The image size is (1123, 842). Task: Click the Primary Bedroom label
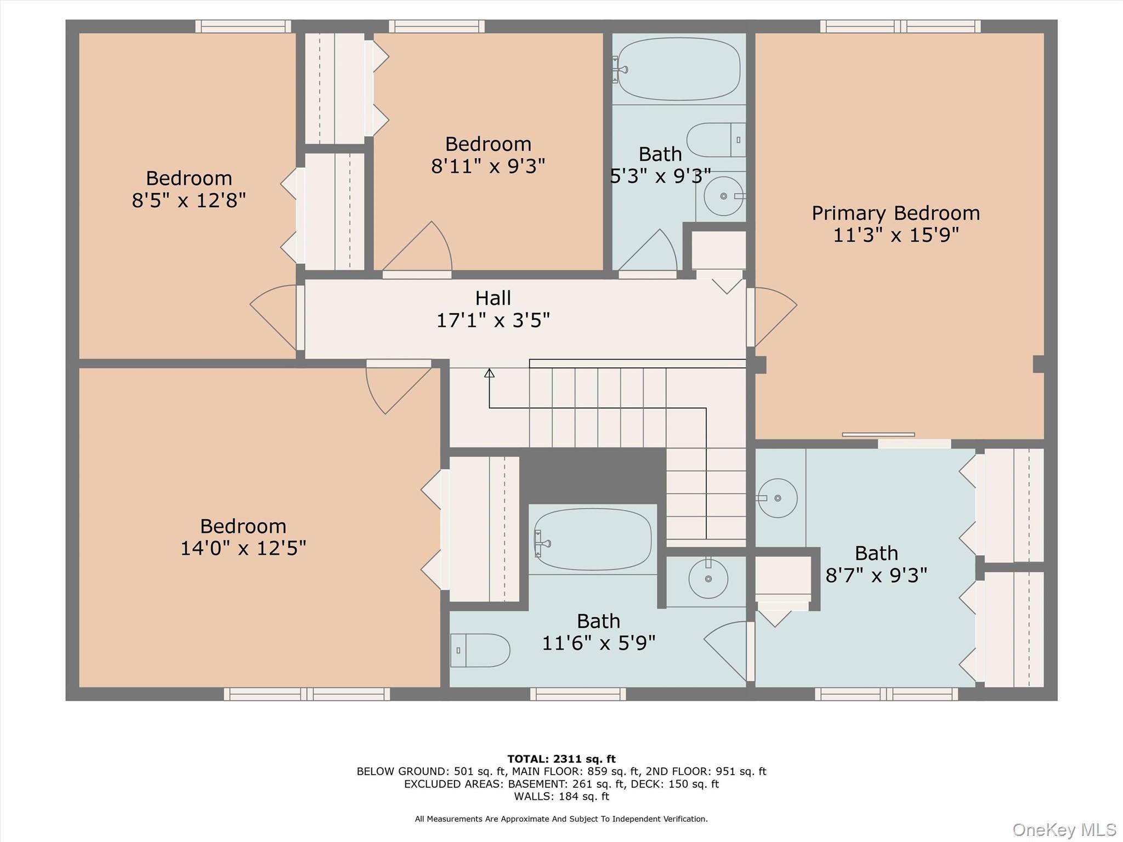(x=895, y=213)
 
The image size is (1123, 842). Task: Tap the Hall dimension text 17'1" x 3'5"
(x=493, y=320)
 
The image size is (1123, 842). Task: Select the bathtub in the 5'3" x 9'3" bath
(x=679, y=69)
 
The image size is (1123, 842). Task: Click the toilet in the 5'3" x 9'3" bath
(x=716, y=140)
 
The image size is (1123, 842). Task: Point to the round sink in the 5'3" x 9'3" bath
(x=723, y=196)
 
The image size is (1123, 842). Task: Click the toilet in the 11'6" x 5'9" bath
(x=480, y=650)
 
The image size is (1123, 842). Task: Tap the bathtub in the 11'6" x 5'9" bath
(x=593, y=539)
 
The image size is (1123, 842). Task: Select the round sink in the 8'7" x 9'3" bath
(x=777, y=498)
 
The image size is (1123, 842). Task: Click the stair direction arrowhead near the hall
(x=489, y=373)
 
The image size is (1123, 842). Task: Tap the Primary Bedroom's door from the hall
(x=772, y=316)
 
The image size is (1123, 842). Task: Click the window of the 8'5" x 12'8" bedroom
(x=243, y=26)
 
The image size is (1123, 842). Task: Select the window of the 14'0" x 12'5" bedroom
(x=307, y=694)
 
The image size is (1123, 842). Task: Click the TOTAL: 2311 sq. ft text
(x=561, y=759)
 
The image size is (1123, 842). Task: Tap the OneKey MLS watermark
(x=1064, y=829)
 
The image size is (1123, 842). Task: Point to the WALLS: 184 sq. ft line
(x=561, y=797)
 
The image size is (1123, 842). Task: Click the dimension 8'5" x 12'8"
(x=189, y=201)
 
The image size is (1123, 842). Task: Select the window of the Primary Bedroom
(x=900, y=26)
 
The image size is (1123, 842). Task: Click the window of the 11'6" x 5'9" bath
(x=577, y=694)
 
